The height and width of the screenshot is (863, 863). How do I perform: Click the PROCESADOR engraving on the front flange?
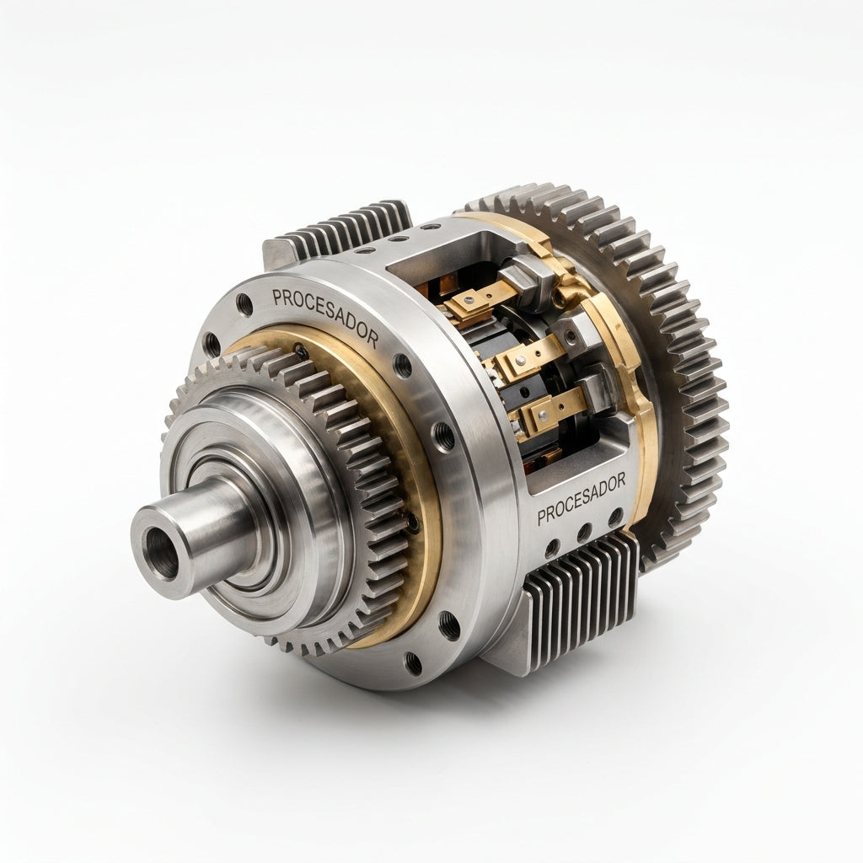[x=325, y=317]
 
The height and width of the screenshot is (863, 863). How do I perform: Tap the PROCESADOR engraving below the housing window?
[x=582, y=499]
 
